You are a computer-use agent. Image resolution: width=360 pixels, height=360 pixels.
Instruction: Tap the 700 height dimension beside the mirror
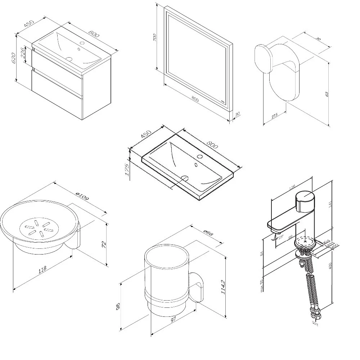pyautogui.click(x=154, y=37)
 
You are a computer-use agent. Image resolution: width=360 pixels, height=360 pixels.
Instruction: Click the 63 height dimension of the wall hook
pyautogui.click(x=327, y=94)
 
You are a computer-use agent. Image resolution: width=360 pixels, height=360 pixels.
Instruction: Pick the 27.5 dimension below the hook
pyautogui.click(x=275, y=117)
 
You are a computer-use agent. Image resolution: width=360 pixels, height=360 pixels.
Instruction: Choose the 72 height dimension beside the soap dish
pyautogui.click(x=104, y=244)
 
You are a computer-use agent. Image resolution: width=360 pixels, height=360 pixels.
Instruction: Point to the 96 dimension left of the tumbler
pyautogui.click(x=118, y=306)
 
